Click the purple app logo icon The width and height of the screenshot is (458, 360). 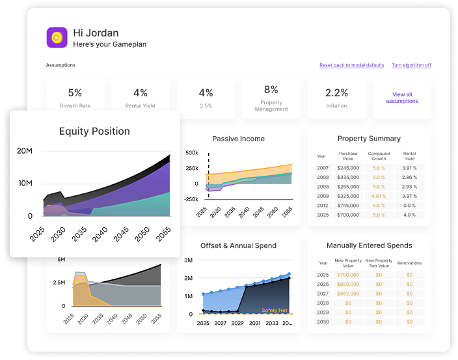tap(57, 37)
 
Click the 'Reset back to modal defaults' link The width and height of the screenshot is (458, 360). tap(352, 65)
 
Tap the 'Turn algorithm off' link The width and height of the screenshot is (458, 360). tap(411, 65)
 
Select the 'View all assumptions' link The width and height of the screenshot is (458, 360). tap(402, 98)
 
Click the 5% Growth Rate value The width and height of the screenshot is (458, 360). tap(75, 93)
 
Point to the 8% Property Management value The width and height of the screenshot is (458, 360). tap(271, 90)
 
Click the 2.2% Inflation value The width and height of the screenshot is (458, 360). tap(336, 93)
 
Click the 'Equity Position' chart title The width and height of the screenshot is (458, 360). tap(94, 132)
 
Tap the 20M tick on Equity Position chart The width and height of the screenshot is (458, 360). tap(25, 151)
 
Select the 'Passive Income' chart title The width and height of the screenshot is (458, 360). tap(238, 139)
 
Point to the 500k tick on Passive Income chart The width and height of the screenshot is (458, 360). tap(192, 153)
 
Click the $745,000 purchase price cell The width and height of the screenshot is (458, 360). tap(348, 204)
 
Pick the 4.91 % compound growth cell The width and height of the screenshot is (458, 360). tap(379, 195)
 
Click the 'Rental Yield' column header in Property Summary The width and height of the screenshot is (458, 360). tap(409, 156)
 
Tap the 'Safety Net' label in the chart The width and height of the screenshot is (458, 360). tap(275, 311)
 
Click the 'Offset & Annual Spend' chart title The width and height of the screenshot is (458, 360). tap(238, 246)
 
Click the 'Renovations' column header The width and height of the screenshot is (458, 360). tap(409, 263)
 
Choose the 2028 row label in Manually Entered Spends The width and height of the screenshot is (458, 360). tap(323, 303)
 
